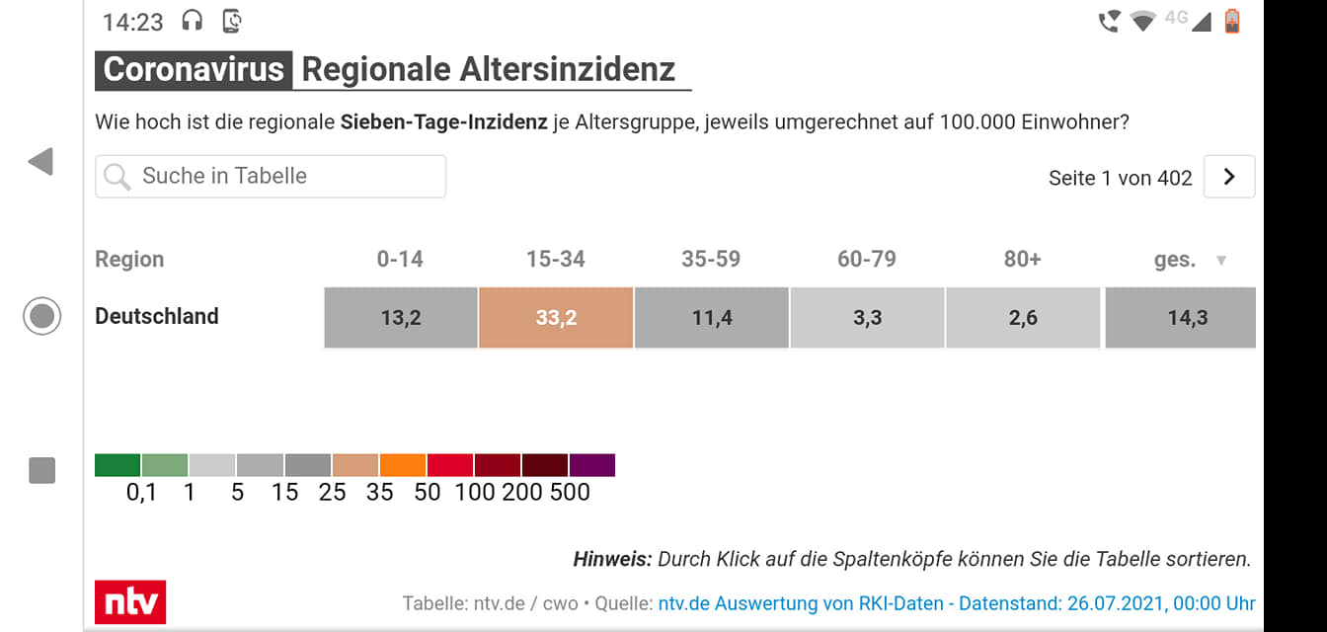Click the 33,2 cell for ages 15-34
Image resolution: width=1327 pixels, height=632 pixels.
tap(556, 318)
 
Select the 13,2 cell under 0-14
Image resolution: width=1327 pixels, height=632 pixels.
tap(401, 318)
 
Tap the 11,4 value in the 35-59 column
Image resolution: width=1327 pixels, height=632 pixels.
tap(712, 318)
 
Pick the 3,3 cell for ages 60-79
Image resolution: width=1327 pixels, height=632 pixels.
tap(867, 318)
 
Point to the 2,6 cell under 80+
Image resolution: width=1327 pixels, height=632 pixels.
tap(1023, 318)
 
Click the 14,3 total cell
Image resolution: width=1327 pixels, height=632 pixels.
tap(1181, 318)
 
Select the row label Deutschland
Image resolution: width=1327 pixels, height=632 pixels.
tap(157, 316)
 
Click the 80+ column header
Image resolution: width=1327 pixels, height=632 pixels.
tap(1023, 259)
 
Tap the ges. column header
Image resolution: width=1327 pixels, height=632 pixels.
tap(1175, 260)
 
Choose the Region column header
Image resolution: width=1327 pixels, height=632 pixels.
tap(129, 259)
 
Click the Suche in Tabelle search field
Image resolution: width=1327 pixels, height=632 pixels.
tap(271, 177)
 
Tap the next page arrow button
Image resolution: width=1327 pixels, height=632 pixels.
tap(1229, 177)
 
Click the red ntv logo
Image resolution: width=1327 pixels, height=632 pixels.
tap(130, 601)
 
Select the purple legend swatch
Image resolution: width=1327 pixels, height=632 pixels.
tap(592, 465)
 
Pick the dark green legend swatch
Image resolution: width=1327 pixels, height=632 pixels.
tap(117, 465)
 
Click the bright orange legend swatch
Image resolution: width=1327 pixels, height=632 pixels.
tap(403, 465)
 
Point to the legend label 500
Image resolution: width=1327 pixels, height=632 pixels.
tap(570, 492)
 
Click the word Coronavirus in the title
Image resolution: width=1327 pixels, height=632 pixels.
tap(194, 70)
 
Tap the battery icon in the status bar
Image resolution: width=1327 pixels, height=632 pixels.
tap(1232, 21)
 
